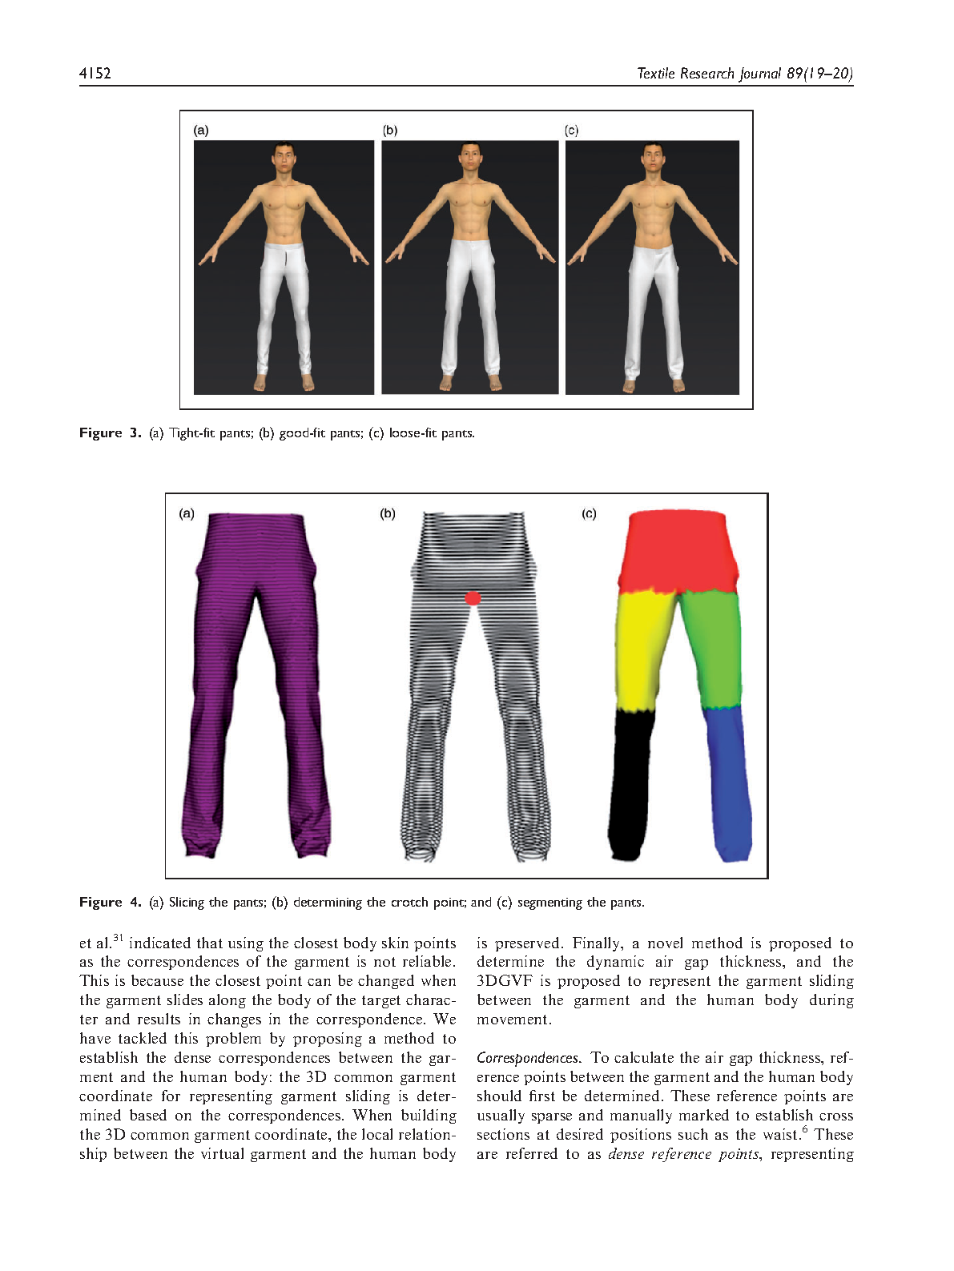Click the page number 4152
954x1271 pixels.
pyautogui.click(x=95, y=74)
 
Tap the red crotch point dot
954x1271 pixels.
pyautogui.click(x=473, y=597)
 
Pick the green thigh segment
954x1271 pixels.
pyautogui.click(x=713, y=649)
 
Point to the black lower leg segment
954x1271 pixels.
pyautogui.click(x=633, y=785)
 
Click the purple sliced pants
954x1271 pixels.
pyautogui.click(x=255, y=681)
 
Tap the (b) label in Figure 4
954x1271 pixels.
pyautogui.click(x=388, y=513)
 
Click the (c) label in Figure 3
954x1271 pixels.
pyautogui.click(x=571, y=131)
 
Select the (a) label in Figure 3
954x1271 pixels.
pyautogui.click(x=201, y=131)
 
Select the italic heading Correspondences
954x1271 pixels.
pyautogui.click(x=527, y=1058)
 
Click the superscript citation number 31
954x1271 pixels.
pyautogui.click(x=118, y=938)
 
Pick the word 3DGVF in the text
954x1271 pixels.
pyautogui.click(x=504, y=981)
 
